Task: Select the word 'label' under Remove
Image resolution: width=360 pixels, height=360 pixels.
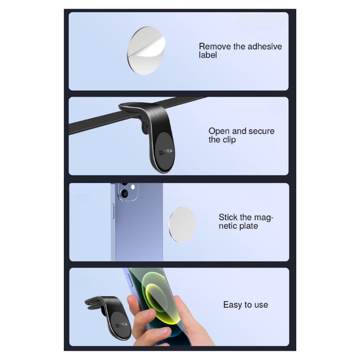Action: [x=208, y=55]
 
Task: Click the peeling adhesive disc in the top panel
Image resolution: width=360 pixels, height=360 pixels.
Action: [x=146, y=50]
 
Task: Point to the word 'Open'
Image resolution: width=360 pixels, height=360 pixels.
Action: [x=219, y=132]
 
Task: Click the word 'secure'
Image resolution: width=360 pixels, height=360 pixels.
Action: [x=261, y=131]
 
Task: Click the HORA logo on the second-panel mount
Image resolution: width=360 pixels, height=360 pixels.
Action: [x=166, y=152]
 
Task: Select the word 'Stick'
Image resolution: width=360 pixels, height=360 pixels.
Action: [x=228, y=217]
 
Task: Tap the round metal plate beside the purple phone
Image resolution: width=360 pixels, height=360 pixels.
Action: [x=182, y=225]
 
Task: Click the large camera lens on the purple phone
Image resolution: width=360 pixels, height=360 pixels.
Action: [x=124, y=193]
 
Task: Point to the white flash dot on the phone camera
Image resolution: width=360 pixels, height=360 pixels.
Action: [x=133, y=187]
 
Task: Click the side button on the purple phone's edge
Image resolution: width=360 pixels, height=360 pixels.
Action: [x=113, y=211]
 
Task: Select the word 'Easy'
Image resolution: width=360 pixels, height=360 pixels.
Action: [x=233, y=305]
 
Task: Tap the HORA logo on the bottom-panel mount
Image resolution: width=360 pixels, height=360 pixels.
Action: [x=121, y=325]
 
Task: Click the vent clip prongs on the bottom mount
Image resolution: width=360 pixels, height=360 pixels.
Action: [x=94, y=304]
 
